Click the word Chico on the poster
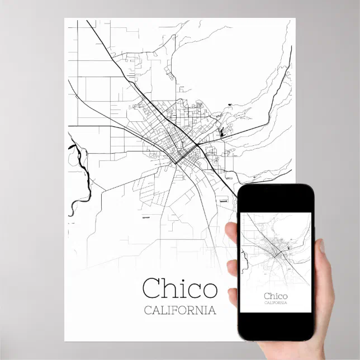click(x=179, y=288)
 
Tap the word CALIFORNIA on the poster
click(x=179, y=310)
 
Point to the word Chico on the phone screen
click(x=275, y=296)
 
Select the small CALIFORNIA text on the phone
click(x=275, y=303)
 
